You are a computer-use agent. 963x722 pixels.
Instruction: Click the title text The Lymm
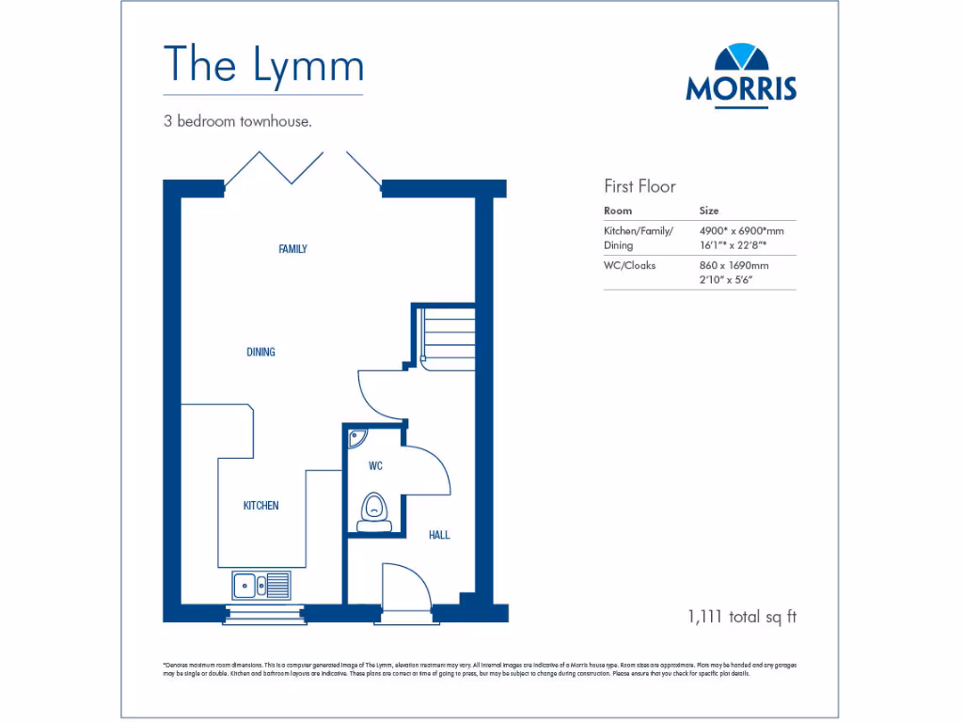[x=263, y=64]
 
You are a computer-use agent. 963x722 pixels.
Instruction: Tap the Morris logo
[x=741, y=75]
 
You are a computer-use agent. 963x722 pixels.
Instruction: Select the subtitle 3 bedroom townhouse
[x=237, y=121]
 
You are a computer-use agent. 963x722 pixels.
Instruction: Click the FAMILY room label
[x=292, y=249]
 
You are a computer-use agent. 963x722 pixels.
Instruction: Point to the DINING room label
[x=260, y=353]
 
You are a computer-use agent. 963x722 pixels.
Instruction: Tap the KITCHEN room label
[x=260, y=506]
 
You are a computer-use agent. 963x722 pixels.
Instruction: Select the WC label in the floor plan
[x=375, y=466]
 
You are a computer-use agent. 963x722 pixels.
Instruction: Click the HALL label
[x=439, y=535]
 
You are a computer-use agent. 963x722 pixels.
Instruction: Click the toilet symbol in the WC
[x=374, y=509]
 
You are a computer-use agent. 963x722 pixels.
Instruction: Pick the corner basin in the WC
[x=356, y=438]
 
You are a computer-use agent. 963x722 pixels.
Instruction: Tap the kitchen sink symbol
[x=261, y=585]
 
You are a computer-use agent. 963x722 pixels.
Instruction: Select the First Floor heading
[x=639, y=186]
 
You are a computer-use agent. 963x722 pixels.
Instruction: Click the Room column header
[x=618, y=211]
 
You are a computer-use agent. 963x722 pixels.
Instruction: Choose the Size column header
[x=709, y=211]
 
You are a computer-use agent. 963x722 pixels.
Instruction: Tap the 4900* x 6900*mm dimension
[x=741, y=230]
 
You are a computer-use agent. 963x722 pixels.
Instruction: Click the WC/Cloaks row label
[x=630, y=265]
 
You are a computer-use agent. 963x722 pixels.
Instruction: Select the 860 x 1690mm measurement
[x=734, y=265]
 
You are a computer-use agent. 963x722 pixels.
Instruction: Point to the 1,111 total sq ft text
[x=742, y=617]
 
